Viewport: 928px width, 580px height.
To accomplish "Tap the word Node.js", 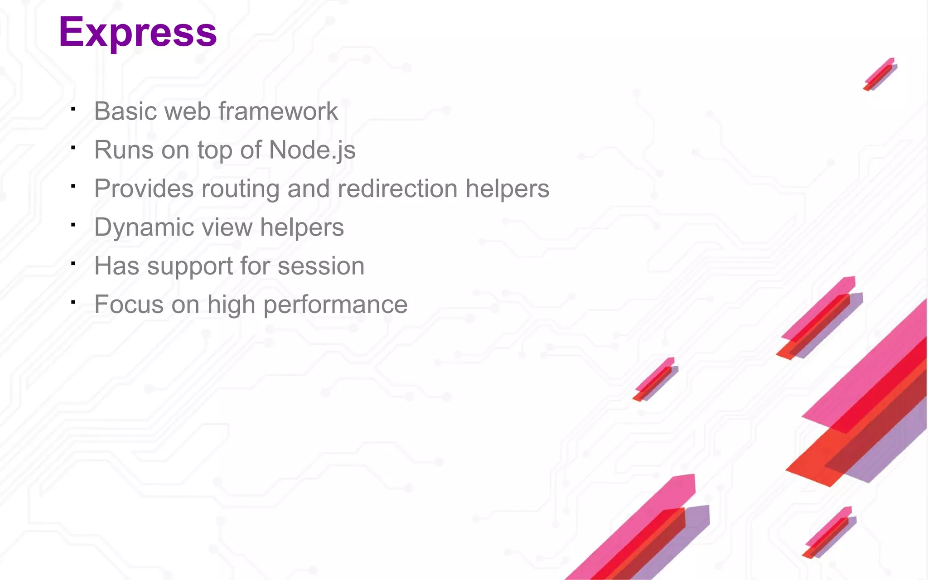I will [312, 150].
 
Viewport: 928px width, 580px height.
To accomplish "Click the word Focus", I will [129, 304].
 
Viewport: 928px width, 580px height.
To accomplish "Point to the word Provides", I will [144, 188].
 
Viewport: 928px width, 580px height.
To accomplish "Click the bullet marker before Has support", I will [73, 263].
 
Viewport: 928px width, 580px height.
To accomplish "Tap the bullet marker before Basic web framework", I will [73, 108].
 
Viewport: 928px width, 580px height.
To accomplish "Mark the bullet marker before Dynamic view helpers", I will [73, 224].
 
